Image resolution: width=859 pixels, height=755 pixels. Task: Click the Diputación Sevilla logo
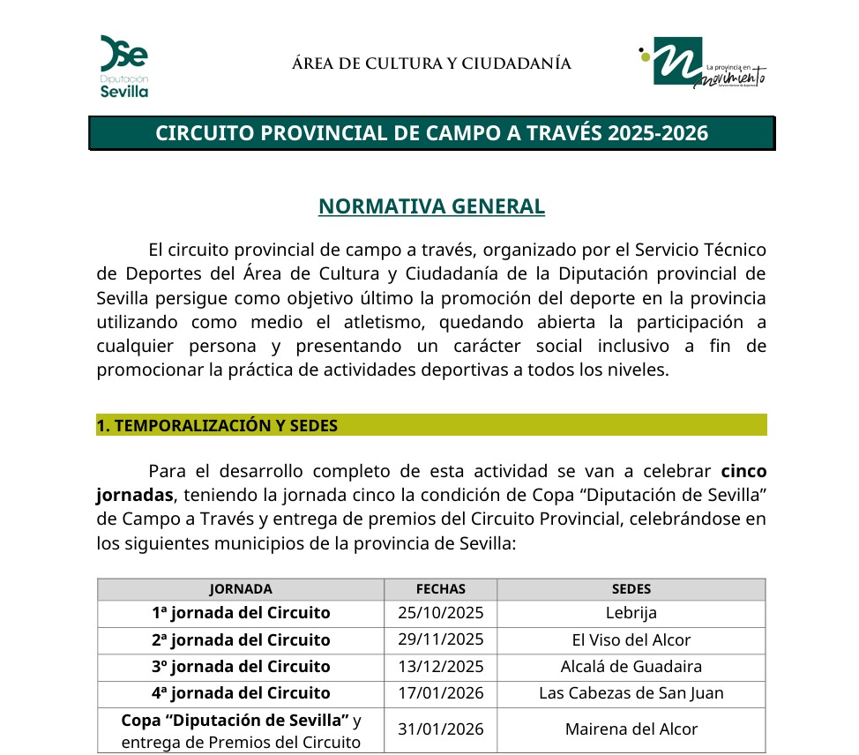tap(123, 65)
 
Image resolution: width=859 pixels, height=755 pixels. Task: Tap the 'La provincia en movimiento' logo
tap(703, 64)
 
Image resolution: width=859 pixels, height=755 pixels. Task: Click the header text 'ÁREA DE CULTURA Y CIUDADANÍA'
tap(431, 64)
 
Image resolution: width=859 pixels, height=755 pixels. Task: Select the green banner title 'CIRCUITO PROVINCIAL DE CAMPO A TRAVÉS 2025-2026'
tap(432, 133)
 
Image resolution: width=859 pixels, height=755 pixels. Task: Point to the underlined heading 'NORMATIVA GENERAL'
tap(431, 206)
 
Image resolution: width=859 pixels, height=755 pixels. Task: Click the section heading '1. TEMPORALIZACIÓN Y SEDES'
tap(217, 425)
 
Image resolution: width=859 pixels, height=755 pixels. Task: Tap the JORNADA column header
tap(240, 589)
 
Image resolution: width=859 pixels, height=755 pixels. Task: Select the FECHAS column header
tap(440, 589)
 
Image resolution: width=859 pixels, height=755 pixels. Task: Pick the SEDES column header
tap(631, 589)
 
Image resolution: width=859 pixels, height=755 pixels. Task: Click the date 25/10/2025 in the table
tap(440, 613)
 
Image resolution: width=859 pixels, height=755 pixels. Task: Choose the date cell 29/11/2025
tap(440, 639)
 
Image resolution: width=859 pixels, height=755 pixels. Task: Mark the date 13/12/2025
tap(440, 667)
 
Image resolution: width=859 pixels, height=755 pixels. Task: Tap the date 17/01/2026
tap(440, 693)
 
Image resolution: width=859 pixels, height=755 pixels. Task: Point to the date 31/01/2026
tap(440, 729)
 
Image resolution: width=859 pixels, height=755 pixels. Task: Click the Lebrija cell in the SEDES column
tap(631, 613)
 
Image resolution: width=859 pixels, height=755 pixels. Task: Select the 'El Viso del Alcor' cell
tap(631, 640)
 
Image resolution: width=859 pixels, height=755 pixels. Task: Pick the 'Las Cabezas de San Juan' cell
tap(631, 693)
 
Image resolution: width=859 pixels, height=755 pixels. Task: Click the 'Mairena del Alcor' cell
tap(631, 729)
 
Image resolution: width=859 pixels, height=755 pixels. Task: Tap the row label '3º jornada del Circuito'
tap(241, 667)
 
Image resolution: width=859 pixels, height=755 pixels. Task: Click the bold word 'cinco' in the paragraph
tap(743, 469)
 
